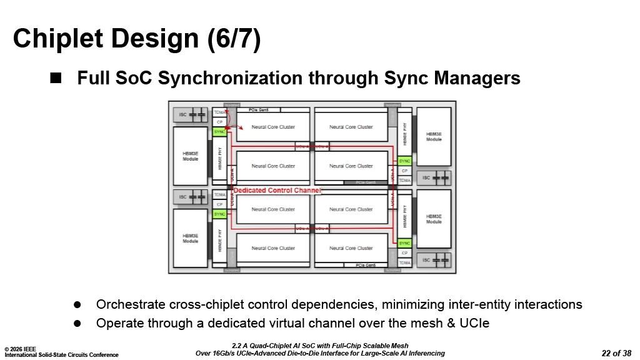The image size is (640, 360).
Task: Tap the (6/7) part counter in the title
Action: pyautogui.click(x=234, y=39)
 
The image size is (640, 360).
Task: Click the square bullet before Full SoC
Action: pyautogui.click(x=56, y=78)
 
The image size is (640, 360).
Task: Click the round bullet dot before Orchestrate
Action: pyautogui.click(x=78, y=304)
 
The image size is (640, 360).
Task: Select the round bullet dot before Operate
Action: pyautogui.click(x=78, y=323)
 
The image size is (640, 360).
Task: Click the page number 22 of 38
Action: pyautogui.click(x=616, y=353)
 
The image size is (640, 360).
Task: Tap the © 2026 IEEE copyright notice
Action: pyautogui.click(x=20, y=349)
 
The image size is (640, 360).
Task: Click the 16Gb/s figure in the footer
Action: pyautogui.click(x=230, y=353)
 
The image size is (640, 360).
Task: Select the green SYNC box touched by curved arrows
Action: pyautogui.click(x=219, y=132)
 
